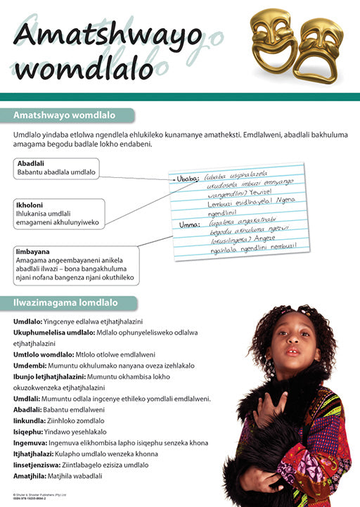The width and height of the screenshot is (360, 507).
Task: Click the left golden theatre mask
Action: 271,37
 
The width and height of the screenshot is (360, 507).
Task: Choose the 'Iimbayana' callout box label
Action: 32,250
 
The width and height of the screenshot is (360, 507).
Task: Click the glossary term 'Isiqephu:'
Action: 30,432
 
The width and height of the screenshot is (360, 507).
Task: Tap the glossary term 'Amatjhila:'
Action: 32,476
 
